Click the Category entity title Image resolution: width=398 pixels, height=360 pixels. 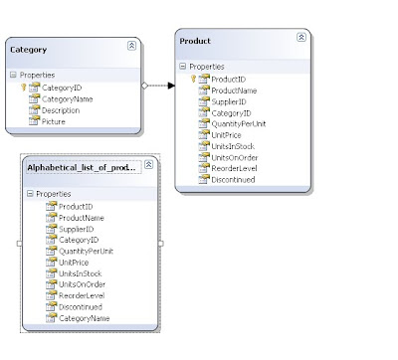tap(28, 50)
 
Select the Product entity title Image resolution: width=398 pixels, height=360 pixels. tap(195, 41)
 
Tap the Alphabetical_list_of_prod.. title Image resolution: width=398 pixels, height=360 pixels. tap(82, 168)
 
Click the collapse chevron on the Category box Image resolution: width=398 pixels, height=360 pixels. tap(131, 46)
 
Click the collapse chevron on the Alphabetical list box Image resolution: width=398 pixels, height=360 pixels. tap(148, 164)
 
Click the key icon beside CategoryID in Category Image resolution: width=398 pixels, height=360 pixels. tap(24, 88)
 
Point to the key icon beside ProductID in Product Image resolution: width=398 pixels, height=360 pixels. tap(193, 79)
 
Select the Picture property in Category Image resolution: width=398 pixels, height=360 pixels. tap(54, 121)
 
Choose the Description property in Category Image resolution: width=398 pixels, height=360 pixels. tap(61, 110)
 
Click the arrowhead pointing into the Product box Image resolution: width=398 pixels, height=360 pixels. tap(171, 86)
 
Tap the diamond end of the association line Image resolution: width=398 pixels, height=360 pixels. tap(144, 86)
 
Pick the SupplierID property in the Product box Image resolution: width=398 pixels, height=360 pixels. tap(229, 101)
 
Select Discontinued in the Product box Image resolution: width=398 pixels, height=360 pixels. tap(233, 180)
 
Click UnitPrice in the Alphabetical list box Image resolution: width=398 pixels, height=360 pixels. tap(74, 263)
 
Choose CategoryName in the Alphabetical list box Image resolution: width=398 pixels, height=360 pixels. tap(85, 318)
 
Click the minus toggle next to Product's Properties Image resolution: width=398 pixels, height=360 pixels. tap(183, 67)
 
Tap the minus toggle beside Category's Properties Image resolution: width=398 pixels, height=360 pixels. tap(13, 75)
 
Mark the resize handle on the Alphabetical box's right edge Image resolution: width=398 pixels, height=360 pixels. tap(161, 244)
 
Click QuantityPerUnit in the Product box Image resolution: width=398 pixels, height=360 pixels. tap(239, 124)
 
